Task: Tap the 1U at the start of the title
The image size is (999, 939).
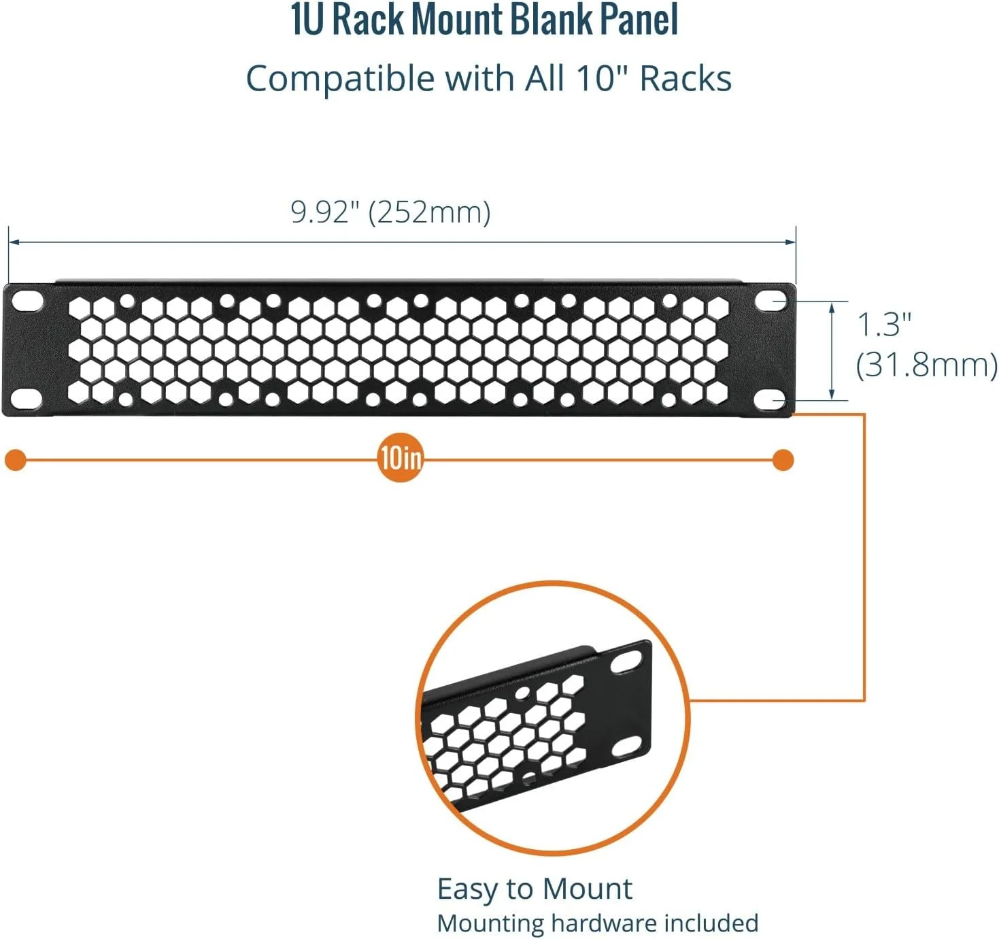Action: point(305,20)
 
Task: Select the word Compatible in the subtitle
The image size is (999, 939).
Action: point(340,79)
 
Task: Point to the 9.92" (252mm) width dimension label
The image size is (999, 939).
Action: point(390,212)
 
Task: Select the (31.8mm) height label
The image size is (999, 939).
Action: point(926,365)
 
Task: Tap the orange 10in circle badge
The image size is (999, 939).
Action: point(401,459)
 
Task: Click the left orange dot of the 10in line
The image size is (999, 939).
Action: point(16,460)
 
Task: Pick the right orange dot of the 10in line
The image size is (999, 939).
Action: point(783,460)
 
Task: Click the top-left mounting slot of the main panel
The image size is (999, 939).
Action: point(28,300)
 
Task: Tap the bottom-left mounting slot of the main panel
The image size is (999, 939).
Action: point(27,398)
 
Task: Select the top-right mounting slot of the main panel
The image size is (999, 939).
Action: point(771,300)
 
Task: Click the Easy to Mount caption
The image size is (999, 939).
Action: point(535,889)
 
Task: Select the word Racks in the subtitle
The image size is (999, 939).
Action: point(685,79)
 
